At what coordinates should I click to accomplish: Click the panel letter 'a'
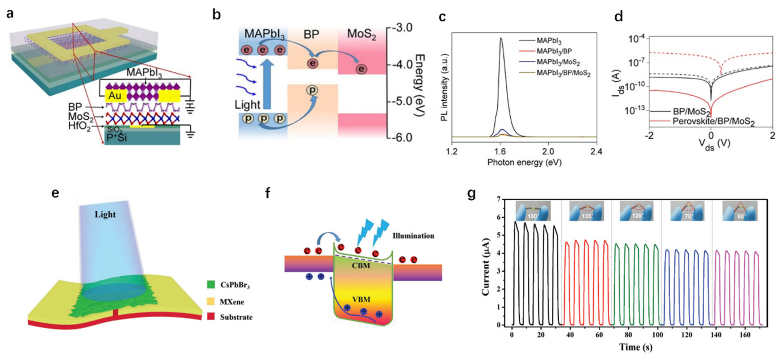coord(10,14)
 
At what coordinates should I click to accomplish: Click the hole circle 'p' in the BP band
coord(312,90)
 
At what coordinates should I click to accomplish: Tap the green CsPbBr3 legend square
coord(211,284)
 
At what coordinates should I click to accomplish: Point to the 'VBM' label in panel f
coord(361,300)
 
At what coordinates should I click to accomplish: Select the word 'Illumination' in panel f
coord(413,236)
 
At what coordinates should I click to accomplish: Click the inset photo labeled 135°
coord(586,211)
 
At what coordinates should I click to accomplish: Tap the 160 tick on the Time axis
coord(745,335)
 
